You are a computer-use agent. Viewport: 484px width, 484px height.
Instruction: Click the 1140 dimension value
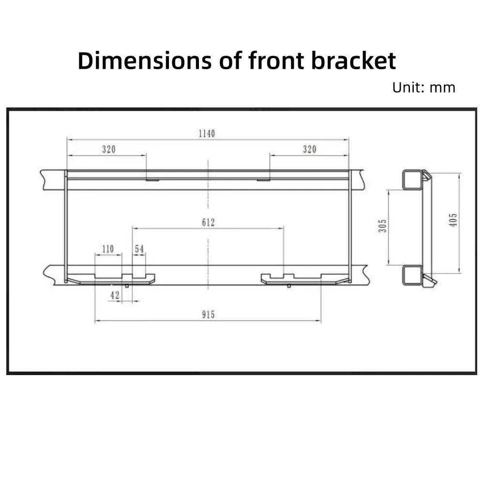(x=207, y=134)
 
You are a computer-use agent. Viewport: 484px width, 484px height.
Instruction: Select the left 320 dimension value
(x=108, y=150)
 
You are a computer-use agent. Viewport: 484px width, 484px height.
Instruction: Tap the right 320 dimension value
(x=309, y=150)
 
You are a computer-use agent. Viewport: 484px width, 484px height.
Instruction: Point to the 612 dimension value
(x=208, y=222)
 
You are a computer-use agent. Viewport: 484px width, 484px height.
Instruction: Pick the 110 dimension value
(x=108, y=249)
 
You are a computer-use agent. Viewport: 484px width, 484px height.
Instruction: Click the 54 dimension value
(x=139, y=249)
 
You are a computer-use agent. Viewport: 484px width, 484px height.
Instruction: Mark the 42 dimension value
(x=115, y=295)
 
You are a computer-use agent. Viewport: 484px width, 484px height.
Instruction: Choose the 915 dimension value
(x=208, y=315)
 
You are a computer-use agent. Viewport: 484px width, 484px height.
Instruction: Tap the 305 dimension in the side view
(x=382, y=226)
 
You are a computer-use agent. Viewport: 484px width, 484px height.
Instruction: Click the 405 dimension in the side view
(x=453, y=220)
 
